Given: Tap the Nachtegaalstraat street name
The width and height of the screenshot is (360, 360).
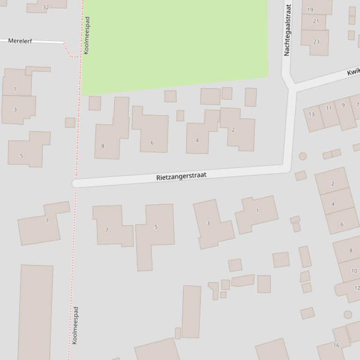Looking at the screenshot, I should (287, 30).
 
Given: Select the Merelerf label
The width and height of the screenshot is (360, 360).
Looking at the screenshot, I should (20, 41).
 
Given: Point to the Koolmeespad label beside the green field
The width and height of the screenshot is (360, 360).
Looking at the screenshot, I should (87, 36).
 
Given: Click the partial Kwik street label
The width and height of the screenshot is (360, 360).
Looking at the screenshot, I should (353, 72).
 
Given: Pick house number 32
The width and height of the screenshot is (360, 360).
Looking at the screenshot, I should (46, 7).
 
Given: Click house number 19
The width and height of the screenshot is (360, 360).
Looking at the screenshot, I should (310, 9).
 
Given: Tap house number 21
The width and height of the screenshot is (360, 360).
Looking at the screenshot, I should (316, 21).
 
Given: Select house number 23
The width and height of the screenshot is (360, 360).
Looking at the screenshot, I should (316, 42).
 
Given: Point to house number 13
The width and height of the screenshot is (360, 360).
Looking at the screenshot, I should (312, 115).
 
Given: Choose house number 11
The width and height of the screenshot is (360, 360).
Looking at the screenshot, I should (329, 108).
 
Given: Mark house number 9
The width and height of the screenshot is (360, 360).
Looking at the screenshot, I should (343, 105).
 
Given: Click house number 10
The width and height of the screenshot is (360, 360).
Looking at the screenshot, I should (354, 271).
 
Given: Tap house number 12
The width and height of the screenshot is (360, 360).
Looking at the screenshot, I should (357, 288).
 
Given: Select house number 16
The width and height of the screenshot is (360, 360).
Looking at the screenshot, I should (336, 345).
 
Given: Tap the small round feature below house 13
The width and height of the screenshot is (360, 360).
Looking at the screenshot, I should (303, 156).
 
